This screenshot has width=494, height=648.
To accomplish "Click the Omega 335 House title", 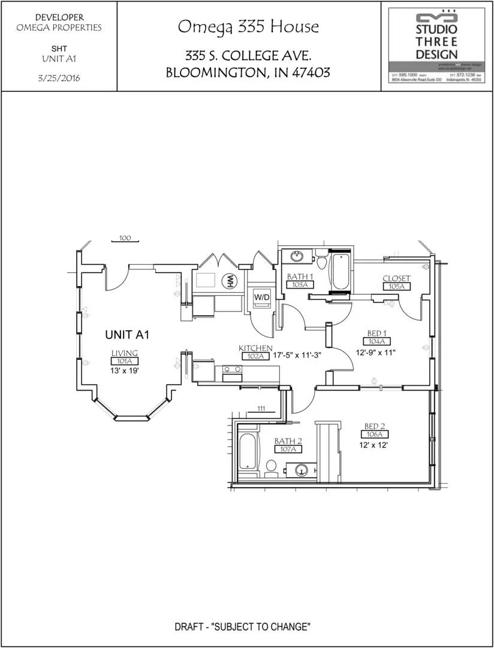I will [x=248, y=27].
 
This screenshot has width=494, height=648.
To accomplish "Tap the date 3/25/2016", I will [x=59, y=78].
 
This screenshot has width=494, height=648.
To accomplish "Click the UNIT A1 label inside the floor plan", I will [x=127, y=335].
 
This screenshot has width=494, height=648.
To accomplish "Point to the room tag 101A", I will [x=125, y=361].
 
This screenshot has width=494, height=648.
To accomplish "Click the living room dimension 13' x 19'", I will [x=125, y=371].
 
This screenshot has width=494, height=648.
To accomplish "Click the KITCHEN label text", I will [x=255, y=348].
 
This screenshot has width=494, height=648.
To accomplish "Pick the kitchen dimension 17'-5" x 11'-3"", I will [x=297, y=355].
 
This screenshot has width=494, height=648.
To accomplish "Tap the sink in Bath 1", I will [x=297, y=257].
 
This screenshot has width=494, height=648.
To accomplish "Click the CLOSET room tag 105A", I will [x=396, y=287].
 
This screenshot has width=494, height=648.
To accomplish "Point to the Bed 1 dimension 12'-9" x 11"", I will [x=376, y=352].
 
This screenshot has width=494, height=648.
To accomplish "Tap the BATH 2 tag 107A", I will [x=288, y=449].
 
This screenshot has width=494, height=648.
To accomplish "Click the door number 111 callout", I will [x=261, y=409].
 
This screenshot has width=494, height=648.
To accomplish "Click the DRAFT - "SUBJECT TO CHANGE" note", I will [x=242, y=627].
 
